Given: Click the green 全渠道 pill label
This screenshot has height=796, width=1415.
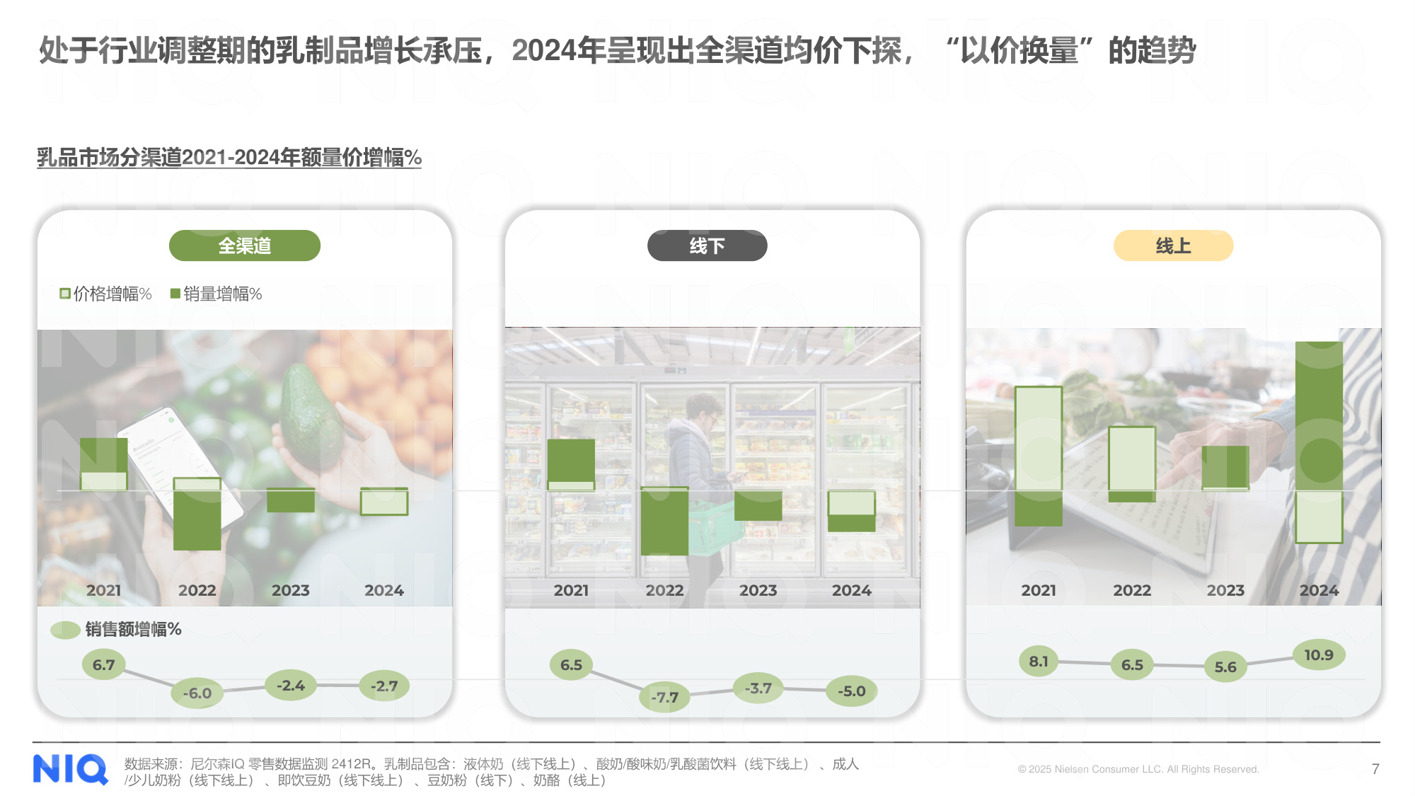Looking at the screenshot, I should coord(244,246).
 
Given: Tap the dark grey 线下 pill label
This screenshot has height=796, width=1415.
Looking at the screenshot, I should coord(707,246).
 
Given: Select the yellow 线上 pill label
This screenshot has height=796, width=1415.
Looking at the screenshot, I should coord(1173,246).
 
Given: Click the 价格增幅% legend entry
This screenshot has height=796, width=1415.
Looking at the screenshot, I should coord(106,294).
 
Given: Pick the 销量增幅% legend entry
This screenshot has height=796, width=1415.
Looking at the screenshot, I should coord(216,294).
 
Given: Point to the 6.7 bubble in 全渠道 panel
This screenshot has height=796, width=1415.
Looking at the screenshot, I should coord(103,665).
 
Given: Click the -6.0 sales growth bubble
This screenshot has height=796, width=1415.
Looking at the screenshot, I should coord(197,693).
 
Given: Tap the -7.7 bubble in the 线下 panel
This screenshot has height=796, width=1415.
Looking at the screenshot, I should coord(664,698).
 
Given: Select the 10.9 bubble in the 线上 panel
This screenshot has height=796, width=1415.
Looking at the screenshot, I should coord(1319,655).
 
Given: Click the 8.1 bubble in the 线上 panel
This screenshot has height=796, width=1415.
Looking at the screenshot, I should coord(1039,662).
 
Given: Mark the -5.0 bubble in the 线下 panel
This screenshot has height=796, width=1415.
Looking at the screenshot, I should coord(852,691).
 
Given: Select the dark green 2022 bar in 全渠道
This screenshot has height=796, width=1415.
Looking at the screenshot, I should coord(197,520).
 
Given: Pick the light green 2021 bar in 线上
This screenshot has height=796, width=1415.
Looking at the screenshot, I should coord(1039,439).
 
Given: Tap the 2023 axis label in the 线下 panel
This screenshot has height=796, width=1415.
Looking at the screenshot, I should coord(758,590).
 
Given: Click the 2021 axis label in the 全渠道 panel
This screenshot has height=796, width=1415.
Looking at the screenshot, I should coord(104,590).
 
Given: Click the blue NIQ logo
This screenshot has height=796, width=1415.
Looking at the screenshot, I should coord(70,769).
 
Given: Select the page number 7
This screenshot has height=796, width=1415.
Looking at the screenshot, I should coord(1375,769).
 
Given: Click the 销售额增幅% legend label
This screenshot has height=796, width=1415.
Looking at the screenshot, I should coord(133,629).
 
